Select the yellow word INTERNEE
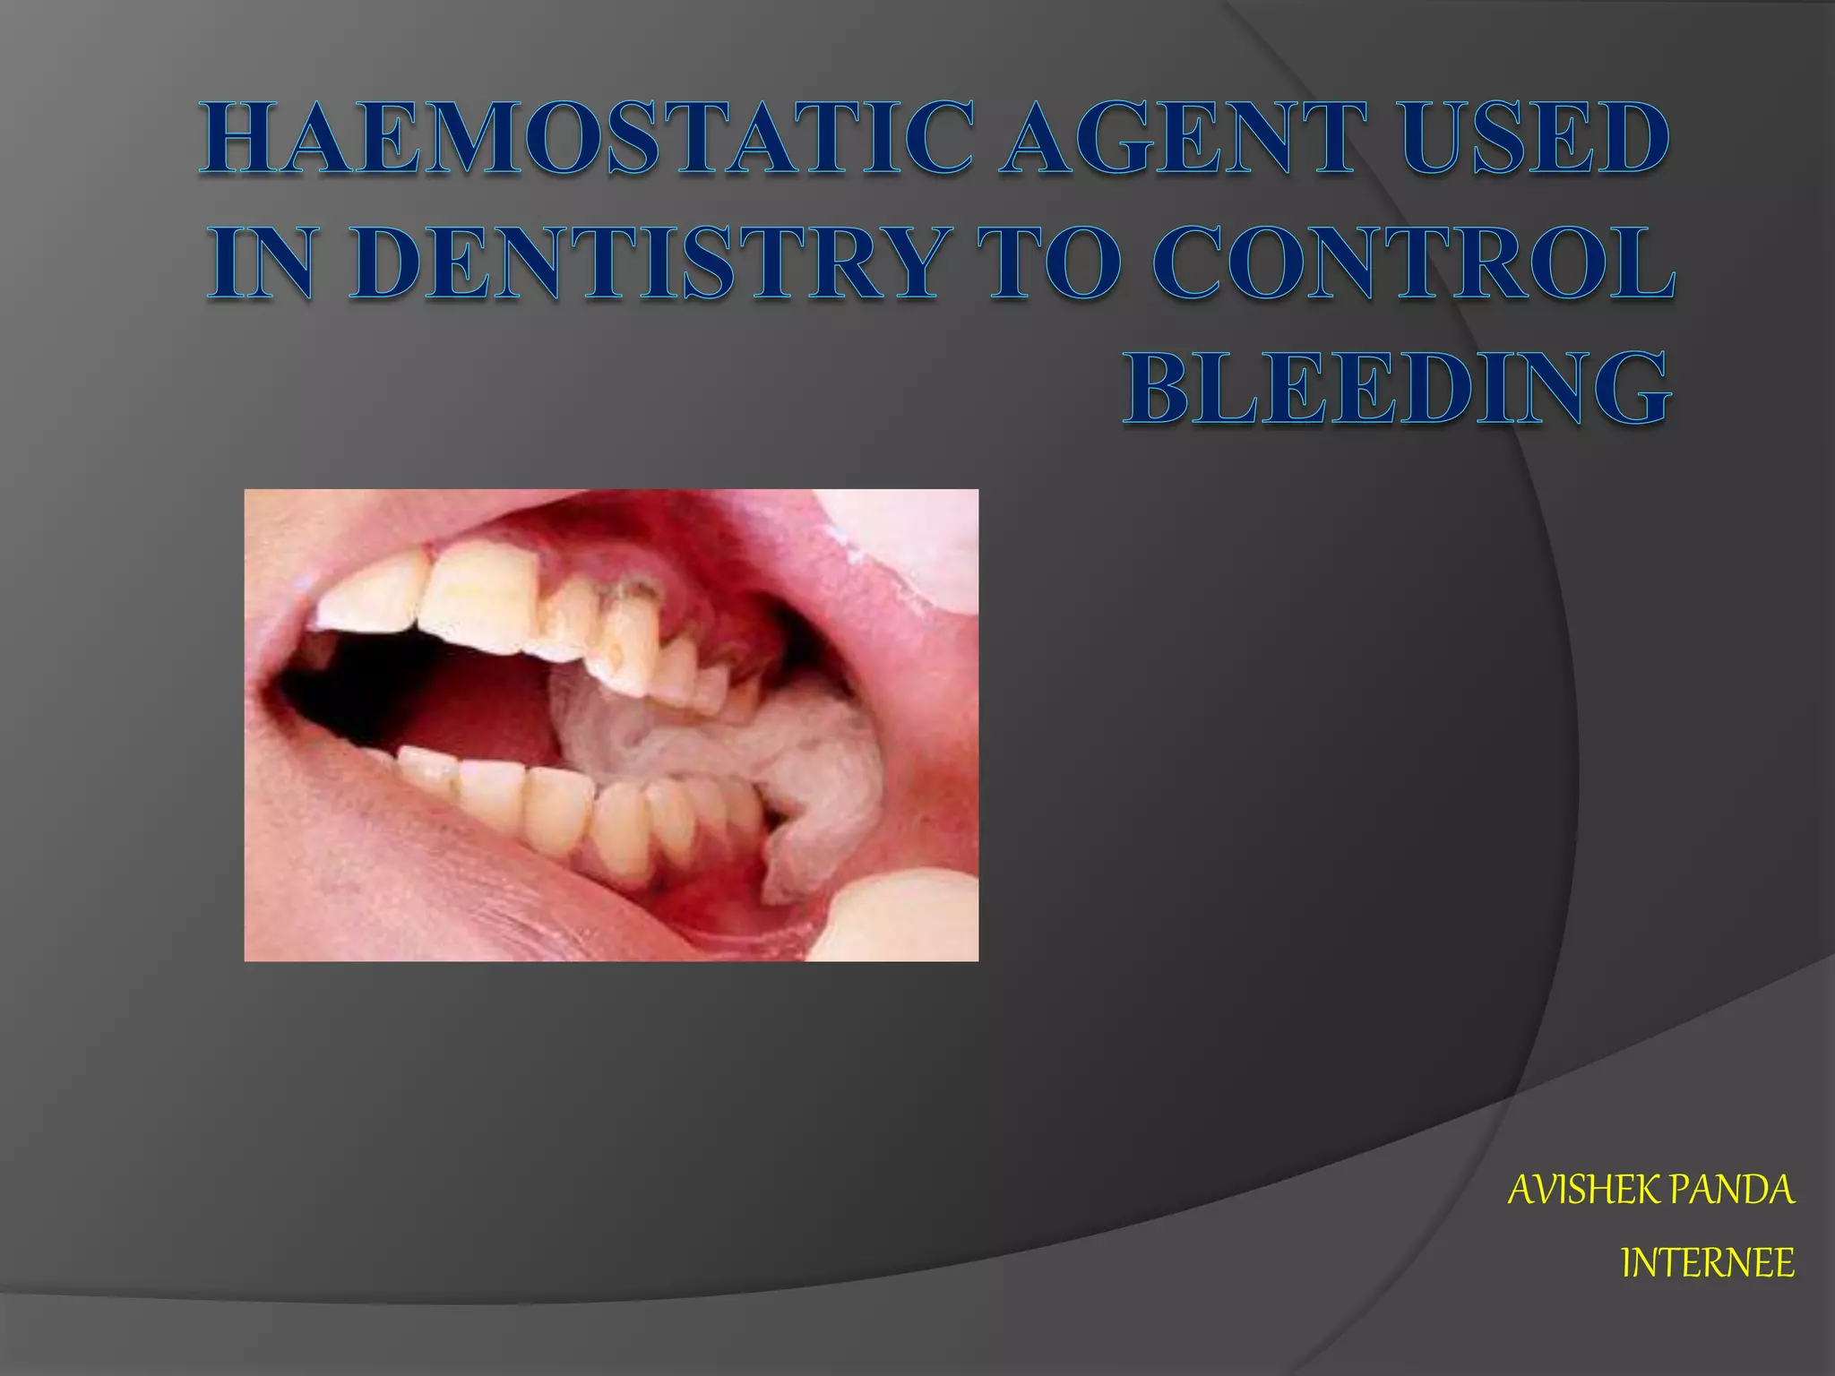pos(1708,1263)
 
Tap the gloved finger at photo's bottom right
pos(905,918)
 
